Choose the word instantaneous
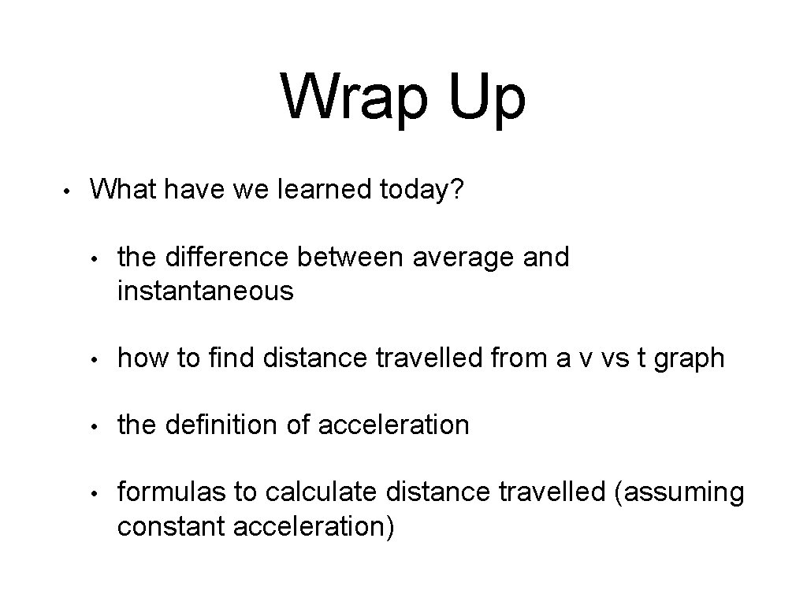click(x=206, y=291)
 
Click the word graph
click(x=690, y=358)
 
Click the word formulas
click(x=172, y=492)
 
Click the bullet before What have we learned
click(x=69, y=191)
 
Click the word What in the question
click(x=121, y=189)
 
